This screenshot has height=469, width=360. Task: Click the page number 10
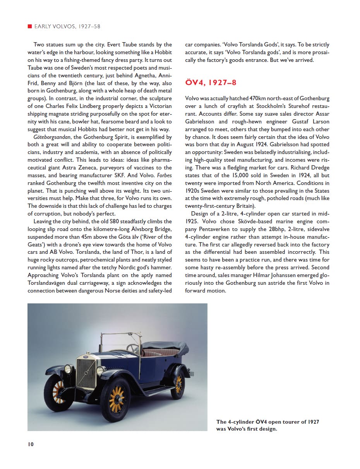[x=31, y=444]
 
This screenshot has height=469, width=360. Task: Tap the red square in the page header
[x=29, y=26]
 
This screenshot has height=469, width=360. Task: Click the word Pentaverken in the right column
[x=210, y=229]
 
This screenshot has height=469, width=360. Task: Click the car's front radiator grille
[x=86, y=373]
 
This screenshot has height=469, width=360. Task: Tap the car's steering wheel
[x=133, y=347]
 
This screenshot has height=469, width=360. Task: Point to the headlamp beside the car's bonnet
[x=100, y=371]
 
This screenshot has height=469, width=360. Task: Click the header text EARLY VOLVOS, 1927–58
[x=67, y=26]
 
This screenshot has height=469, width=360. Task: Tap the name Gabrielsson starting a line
[x=201, y=122]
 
